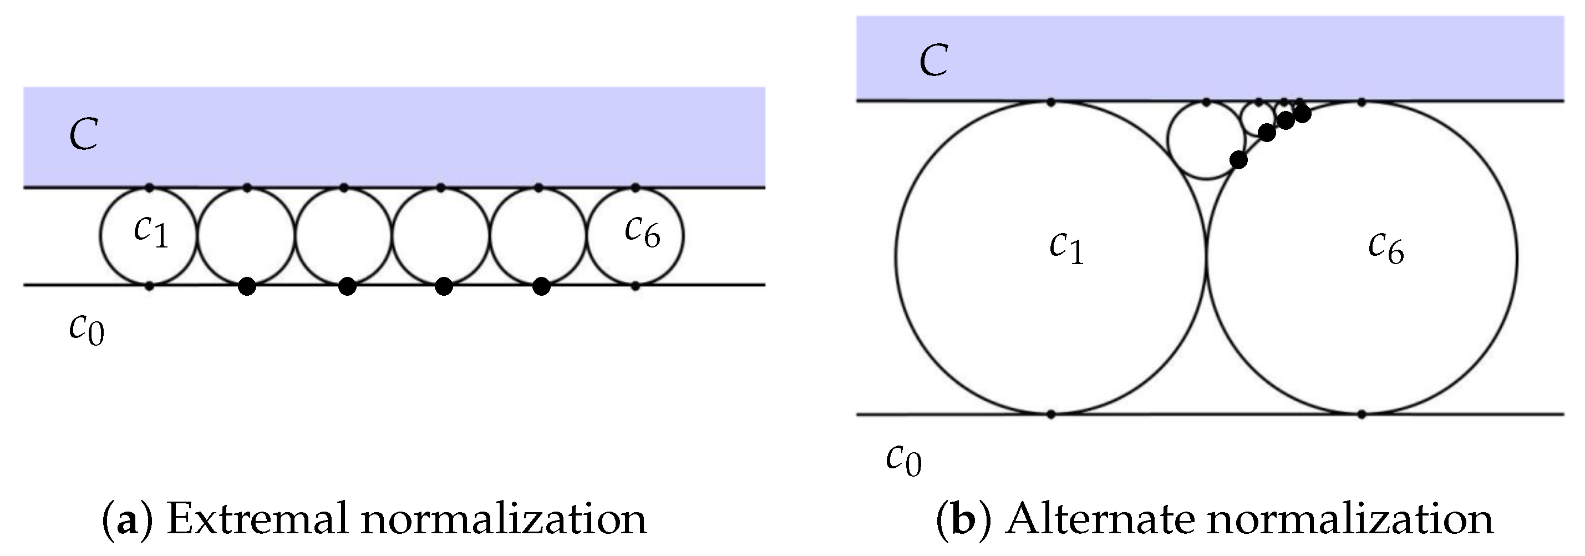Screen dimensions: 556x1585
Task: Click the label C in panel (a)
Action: point(84,135)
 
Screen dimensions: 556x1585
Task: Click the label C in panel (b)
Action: point(933,61)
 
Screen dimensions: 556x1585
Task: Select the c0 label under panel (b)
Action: point(904,461)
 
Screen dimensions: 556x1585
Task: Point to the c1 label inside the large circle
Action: point(1066,249)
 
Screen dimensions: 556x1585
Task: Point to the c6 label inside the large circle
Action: point(1386,249)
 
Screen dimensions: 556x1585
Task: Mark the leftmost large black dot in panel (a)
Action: point(247,286)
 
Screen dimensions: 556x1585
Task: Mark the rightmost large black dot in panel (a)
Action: point(541,286)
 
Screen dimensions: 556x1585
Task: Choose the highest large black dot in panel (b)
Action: point(1302,114)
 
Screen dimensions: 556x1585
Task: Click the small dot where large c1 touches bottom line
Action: point(1051,415)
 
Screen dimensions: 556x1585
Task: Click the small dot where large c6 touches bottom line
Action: point(1362,415)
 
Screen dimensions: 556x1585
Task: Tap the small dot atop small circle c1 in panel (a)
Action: point(149,187)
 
